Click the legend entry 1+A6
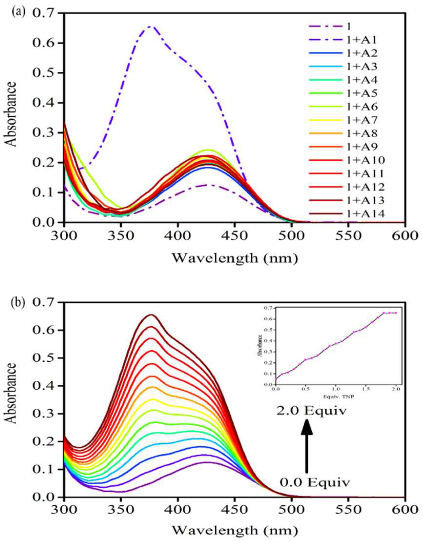click(x=362, y=107)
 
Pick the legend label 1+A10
click(x=365, y=160)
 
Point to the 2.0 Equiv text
click(x=311, y=411)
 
